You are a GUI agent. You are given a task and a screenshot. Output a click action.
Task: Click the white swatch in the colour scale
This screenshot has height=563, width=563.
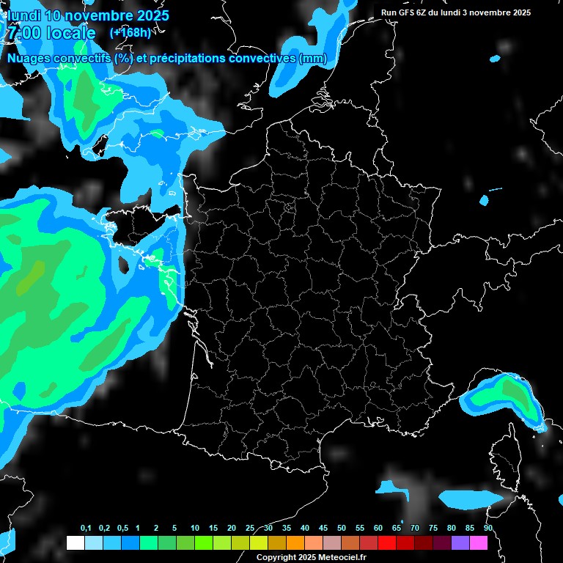pyautogui.click(x=75, y=543)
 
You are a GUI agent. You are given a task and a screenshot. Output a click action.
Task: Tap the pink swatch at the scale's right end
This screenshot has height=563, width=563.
pyautogui.click(x=479, y=543)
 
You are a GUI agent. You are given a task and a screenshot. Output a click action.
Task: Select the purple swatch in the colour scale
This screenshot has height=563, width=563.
pyautogui.click(x=460, y=543)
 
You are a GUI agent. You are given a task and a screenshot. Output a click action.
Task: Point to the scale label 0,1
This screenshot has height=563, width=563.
pyautogui.click(x=86, y=528)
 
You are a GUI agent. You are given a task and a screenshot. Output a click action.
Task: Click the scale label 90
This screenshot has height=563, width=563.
pyautogui.click(x=488, y=528)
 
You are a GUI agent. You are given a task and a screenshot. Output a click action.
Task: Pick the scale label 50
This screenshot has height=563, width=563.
pyautogui.click(x=342, y=528)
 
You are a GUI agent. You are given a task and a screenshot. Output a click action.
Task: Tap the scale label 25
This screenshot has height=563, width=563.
pyautogui.click(x=250, y=528)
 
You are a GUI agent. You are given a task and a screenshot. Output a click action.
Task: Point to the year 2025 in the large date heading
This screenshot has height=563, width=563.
pyautogui.click(x=150, y=15)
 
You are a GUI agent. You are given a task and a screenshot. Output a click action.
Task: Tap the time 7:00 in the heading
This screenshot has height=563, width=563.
pyautogui.click(x=22, y=33)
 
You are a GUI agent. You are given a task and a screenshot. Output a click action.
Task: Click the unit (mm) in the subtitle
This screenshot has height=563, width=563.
pyautogui.click(x=312, y=59)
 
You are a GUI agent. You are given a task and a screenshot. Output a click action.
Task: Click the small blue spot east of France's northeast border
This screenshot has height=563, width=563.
pyautogui.click(x=484, y=199)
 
